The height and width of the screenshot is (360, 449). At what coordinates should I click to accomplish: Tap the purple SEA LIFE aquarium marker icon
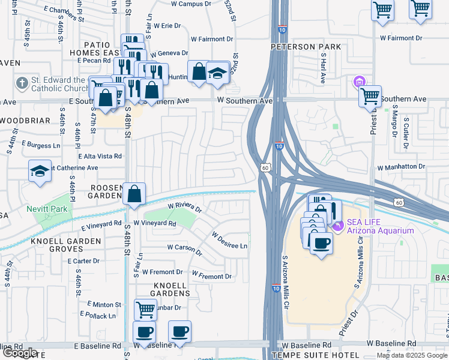tap(338, 226)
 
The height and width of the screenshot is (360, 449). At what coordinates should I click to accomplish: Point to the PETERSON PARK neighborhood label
tap(306, 47)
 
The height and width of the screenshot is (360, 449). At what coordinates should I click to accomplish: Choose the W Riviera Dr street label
tap(185, 208)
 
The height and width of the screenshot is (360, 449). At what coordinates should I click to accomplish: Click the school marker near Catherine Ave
tap(40, 171)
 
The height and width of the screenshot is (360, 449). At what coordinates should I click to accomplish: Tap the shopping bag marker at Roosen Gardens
tap(135, 194)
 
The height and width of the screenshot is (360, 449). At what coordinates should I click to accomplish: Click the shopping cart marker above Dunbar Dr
tap(145, 310)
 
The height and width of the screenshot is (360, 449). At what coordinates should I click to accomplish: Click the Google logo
tap(20, 353)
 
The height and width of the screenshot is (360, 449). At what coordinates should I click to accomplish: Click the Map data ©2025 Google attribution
tap(412, 355)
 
